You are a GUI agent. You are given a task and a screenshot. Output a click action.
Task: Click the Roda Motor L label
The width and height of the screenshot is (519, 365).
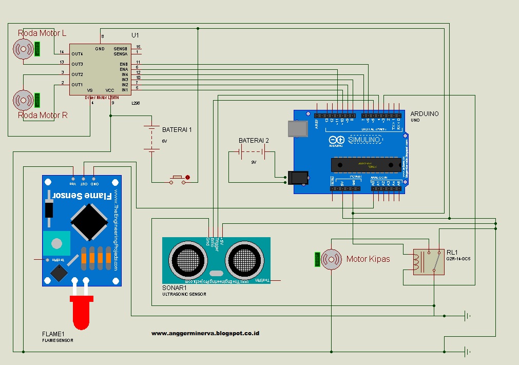click(x=42, y=33)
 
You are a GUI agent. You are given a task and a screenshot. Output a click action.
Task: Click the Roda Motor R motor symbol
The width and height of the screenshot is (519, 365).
click(x=23, y=99)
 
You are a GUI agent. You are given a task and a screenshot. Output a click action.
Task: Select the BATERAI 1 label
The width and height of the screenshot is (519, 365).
click(x=177, y=130)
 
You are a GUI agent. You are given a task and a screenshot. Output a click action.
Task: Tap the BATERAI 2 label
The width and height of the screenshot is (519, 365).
click(x=254, y=141)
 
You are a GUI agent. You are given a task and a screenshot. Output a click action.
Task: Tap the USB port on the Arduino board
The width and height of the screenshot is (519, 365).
click(x=297, y=129)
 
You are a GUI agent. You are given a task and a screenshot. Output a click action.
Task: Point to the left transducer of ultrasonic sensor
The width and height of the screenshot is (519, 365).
click(x=187, y=258)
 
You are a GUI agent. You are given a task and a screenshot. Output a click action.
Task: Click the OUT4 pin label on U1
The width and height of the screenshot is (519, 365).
click(x=77, y=54)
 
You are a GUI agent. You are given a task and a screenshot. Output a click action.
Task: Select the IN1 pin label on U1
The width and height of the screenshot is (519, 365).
click(x=125, y=90)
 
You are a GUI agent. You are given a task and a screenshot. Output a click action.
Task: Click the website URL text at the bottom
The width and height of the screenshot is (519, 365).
click(x=205, y=333)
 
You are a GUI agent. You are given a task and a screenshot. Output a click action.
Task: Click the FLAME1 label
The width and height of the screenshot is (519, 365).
click(x=53, y=334)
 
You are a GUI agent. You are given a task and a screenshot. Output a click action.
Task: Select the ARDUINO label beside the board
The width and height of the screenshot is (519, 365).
click(x=425, y=114)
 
